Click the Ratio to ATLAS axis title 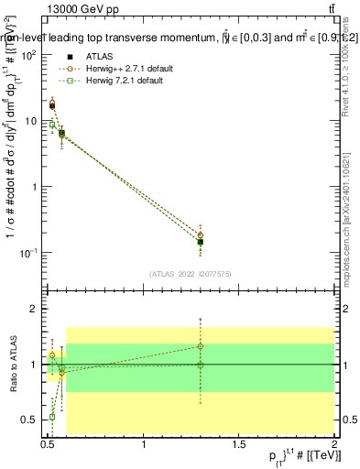(13, 365)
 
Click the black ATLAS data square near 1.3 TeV (201, 243)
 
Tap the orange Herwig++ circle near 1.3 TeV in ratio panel (201, 346)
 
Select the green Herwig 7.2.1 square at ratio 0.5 (52, 417)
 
